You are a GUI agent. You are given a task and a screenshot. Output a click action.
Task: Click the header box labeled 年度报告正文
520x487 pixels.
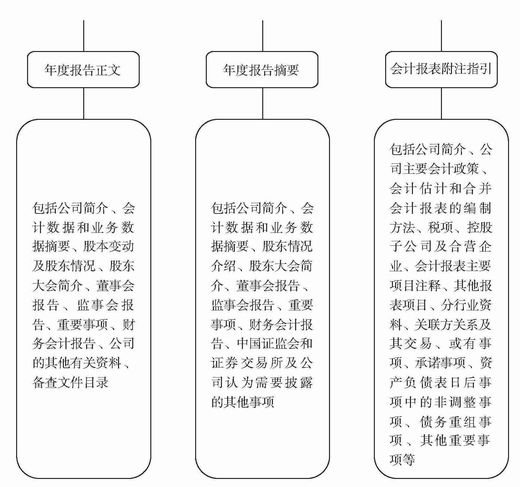pos(83,70)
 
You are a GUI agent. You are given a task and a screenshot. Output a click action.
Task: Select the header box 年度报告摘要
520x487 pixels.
pos(262,70)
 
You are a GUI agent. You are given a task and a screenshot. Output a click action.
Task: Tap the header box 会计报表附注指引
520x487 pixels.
pos(441,69)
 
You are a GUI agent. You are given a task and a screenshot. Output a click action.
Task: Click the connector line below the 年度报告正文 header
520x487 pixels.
pos(84,103)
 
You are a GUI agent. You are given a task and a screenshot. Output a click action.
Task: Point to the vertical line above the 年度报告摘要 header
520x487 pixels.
pos(263,36)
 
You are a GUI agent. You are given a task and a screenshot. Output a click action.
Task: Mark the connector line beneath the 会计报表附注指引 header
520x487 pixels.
pos(441,103)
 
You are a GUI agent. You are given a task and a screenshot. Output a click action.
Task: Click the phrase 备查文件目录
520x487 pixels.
pos(70,382)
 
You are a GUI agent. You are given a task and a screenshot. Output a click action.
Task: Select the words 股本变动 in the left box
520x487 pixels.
pos(108,247)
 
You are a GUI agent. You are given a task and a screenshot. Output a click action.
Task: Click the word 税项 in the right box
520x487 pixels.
pos(441,227)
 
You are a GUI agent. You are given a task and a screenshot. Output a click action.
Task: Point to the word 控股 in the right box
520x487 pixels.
pos(479,227)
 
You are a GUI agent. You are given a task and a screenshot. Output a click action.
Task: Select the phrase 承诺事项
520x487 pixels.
pos(440,363)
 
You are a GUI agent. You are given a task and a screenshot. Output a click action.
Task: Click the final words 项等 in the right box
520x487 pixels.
pos(402,460)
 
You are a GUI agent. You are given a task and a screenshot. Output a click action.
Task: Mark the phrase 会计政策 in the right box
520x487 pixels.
pos(461,169)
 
